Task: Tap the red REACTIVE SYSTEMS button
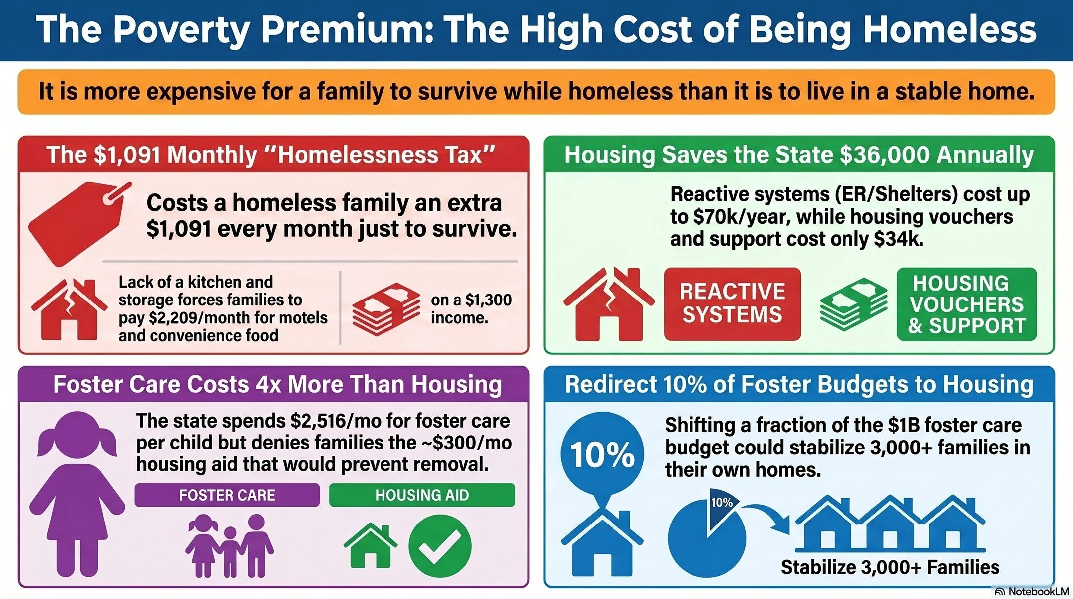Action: [x=732, y=303]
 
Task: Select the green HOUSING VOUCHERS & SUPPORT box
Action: [x=967, y=304]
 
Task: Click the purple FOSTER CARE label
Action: [x=227, y=495]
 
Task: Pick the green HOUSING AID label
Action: [x=422, y=495]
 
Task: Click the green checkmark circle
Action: [x=440, y=546]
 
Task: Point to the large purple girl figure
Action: [x=77, y=494]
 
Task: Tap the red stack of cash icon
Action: [x=386, y=309]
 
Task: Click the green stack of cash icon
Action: [x=853, y=304]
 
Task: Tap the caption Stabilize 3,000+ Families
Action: [x=890, y=567]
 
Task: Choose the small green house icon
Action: [x=370, y=545]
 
